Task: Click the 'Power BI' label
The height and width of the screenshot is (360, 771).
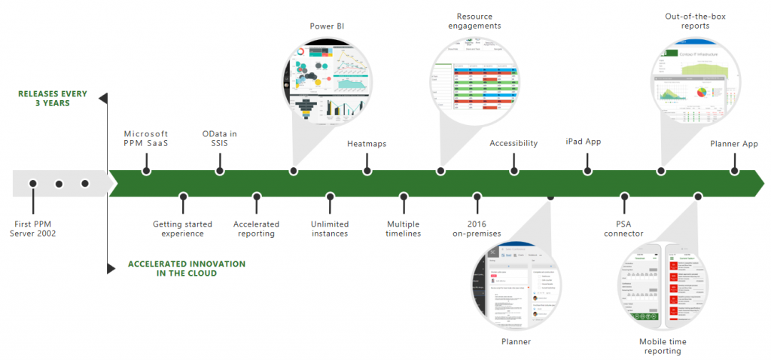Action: coord(327,26)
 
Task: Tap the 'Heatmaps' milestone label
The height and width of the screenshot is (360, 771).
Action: coord(367,143)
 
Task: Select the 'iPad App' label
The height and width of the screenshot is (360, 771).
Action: coord(584,142)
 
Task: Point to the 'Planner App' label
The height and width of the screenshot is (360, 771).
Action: coord(734,143)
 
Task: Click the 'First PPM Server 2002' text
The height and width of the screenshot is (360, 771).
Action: coord(33,228)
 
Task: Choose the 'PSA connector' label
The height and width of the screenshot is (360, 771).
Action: coord(623,228)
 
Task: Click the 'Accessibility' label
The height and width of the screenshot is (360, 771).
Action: coord(513,143)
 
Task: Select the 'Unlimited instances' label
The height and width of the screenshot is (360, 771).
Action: coord(329,228)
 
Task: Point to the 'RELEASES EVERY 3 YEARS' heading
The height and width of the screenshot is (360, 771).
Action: coord(53,99)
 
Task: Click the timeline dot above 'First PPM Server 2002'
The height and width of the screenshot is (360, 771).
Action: coord(33,184)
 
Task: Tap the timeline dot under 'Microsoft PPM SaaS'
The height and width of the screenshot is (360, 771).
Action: coord(146,171)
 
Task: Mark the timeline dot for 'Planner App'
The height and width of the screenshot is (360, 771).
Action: coord(734,171)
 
